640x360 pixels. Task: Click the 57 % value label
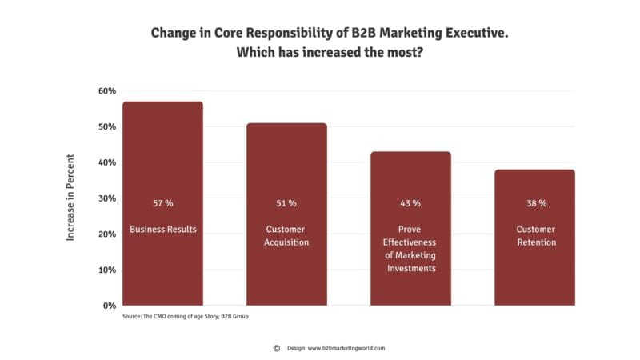pyautogui.click(x=162, y=203)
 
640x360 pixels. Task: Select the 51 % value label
pyautogui.click(x=286, y=203)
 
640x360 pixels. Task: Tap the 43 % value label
pyautogui.click(x=410, y=203)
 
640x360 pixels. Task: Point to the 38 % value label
pyautogui.click(x=535, y=203)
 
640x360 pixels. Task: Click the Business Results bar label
pyautogui.click(x=163, y=230)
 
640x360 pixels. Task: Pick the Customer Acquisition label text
pyautogui.click(x=286, y=236)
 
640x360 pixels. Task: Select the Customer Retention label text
pyautogui.click(x=535, y=236)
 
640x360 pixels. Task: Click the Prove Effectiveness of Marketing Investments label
pyautogui.click(x=410, y=249)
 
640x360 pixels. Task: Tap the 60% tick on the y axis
pyautogui.click(x=107, y=91)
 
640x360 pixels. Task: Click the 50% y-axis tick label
pyautogui.click(x=107, y=127)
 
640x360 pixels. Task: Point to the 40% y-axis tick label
pyautogui.click(x=107, y=162)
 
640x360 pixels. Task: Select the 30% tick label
pyautogui.click(x=107, y=198)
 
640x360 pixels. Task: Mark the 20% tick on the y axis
pyautogui.click(x=107, y=234)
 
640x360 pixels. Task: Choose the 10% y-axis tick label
pyautogui.click(x=107, y=270)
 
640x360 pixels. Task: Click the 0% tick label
pyautogui.click(x=110, y=306)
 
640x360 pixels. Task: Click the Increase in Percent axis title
pyautogui.click(x=70, y=198)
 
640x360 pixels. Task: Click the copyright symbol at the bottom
pyautogui.click(x=276, y=348)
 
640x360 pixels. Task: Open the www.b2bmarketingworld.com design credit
pyautogui.click(x=346, y=348)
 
